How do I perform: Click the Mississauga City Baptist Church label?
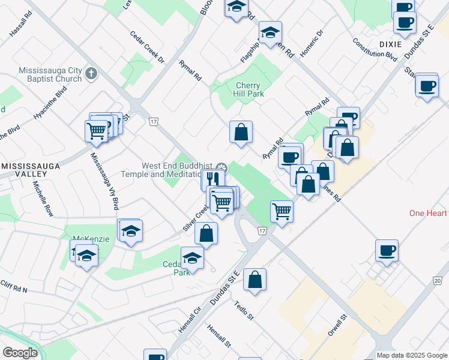50,74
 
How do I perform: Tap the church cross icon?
91,74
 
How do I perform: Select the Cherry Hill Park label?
248,89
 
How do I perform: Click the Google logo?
20,353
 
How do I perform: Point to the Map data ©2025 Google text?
411,355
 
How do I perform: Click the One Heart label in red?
429,214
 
